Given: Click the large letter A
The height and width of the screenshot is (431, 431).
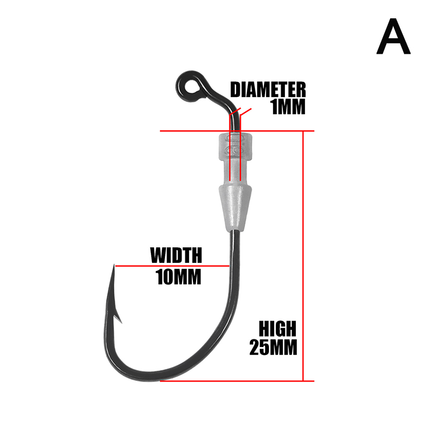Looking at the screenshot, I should (x=393, y=38).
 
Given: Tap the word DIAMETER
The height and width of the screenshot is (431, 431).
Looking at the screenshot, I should (x=268, y=89).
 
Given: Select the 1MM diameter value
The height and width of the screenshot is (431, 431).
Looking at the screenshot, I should (x=288, y=107).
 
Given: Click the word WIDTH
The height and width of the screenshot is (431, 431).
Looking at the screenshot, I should (x=176, y=254).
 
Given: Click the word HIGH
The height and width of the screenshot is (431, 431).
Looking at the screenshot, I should (x=277, y=328).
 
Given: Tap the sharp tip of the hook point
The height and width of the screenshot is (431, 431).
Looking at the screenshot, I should (x=114, y=266).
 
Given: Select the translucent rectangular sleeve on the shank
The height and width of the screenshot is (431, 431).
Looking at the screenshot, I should (x=235, y=156).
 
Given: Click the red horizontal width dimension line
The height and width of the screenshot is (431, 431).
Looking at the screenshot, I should (x=172, y=266).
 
